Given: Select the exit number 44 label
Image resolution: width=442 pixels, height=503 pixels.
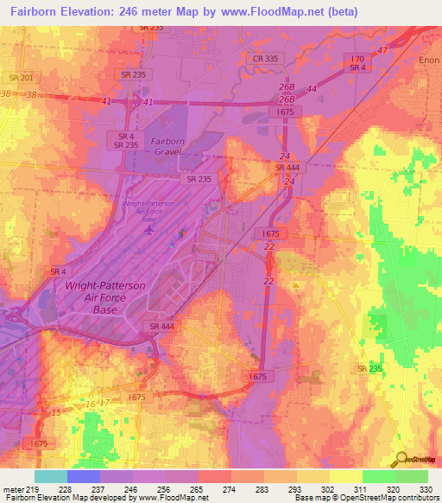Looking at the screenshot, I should coord(312,89).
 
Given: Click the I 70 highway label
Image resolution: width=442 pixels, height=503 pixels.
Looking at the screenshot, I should coord(356,58).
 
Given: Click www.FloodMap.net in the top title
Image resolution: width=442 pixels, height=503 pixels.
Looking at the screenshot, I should coord(277,11).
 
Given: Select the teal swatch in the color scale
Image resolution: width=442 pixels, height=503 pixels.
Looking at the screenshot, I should coord(51,476).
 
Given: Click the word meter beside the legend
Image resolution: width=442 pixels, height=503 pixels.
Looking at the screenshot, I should coord(13,490).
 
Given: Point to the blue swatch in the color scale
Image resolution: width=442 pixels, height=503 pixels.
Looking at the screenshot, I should coord(84,476).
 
